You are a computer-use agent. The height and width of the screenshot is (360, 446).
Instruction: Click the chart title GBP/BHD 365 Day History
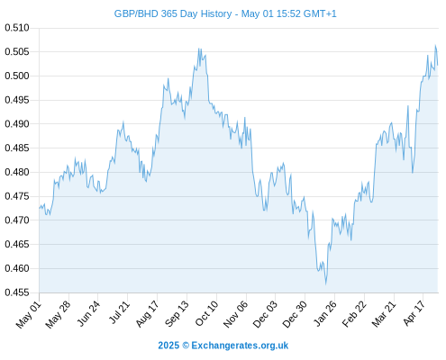[x=173, y=13]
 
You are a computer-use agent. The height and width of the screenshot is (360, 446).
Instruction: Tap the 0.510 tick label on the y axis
[x=17, y=28]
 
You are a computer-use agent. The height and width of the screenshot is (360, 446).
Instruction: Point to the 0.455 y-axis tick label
[x=17, y=292]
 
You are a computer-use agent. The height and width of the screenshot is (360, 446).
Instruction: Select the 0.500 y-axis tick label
[x=17, y=76]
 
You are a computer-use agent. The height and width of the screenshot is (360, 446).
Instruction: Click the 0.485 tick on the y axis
[x=17, y=148]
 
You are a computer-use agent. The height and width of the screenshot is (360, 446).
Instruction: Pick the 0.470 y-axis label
[x=17, y=220]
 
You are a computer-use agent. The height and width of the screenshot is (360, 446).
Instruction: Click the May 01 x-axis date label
[x=29, y=313]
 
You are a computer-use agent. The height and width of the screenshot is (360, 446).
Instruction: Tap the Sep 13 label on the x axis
[x=177, y=313]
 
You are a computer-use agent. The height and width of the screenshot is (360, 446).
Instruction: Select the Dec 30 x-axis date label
[x=296, y=313]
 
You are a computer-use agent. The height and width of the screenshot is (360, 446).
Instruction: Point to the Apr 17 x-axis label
[x=414, y=313]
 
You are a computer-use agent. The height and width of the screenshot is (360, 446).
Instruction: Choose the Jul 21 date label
[x=119, y=312]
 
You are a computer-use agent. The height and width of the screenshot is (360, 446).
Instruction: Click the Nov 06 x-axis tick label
[x=236, y=313]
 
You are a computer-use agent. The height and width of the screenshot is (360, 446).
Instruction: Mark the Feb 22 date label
[x=355, y=313]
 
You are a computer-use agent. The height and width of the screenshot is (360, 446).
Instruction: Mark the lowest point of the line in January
[x=326, y=284]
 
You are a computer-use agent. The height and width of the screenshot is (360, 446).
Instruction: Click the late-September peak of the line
[x=199, y=49]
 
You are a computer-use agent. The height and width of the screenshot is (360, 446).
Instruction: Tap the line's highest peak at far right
[x=435, y=45]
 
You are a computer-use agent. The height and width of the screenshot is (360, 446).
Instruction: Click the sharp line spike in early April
[x=408, y=105]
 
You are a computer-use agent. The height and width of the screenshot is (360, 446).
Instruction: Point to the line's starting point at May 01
[x=40, y=208]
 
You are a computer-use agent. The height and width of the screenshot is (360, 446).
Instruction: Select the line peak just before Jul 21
[x=123, y=121]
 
